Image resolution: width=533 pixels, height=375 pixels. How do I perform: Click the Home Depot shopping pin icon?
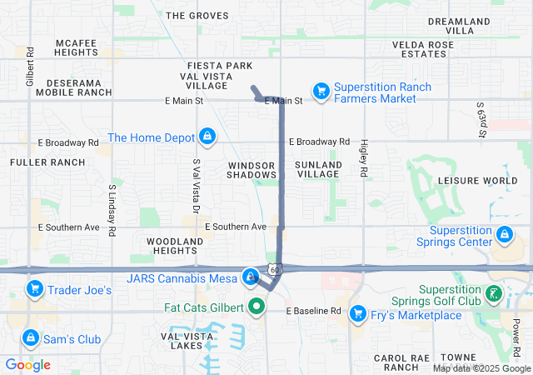click(x=207, y=135)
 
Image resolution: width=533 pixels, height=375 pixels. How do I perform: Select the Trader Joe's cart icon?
click(x=34, y=289)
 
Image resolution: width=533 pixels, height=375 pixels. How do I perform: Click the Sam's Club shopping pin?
click(x=31, y=337)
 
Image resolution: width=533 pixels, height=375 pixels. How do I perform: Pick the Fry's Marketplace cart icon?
click(x=358, y=313)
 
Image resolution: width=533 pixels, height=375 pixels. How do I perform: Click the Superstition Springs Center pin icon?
click(x=503, y=236)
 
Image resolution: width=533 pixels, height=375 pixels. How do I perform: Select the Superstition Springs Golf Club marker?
click(x=494, y=292)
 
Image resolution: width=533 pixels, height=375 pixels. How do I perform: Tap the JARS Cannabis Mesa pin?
click(x=250, y=276)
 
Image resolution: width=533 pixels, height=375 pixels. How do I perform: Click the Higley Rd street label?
click(x=364, y=158)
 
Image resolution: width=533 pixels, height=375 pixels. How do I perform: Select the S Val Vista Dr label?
click(x=197, y=184)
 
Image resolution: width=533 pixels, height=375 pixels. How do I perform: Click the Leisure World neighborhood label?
click(x=477, y=180)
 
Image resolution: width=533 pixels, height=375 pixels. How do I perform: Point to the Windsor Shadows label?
click(x=252, y=170)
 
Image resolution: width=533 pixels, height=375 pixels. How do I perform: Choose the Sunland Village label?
click(x=318, y=170)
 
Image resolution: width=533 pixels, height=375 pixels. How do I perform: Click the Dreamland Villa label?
click(x=461, y=25)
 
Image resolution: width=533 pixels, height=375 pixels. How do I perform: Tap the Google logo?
click(x=27, y=365)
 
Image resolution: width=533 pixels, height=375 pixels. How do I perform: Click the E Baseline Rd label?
click(x=314, y=311)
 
